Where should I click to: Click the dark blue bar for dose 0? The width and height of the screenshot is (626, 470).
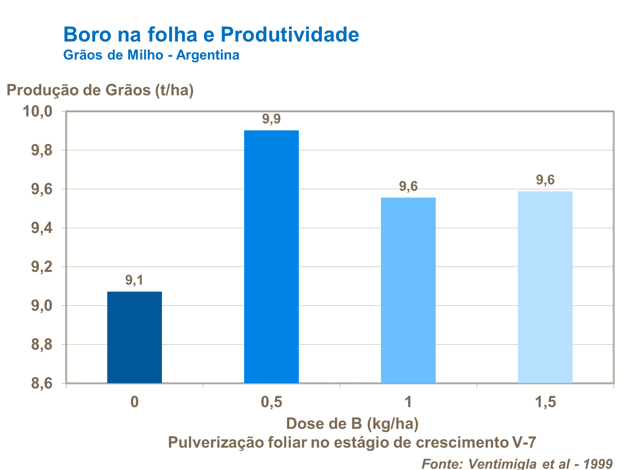tap(134, 337)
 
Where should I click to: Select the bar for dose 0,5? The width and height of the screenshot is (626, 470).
tap(271, 257)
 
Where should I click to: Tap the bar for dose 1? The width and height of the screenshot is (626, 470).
tap(408, 290)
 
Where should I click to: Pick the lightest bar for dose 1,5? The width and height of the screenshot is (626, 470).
tap(545, 287)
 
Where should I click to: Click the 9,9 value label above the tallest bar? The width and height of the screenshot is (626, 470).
tap(271, 119)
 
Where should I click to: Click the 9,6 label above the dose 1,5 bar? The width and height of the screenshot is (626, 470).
tap(545, 180)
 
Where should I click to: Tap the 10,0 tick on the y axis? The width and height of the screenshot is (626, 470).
tap(37, 112)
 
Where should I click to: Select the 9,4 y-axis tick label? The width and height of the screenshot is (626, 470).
tap(41, 228)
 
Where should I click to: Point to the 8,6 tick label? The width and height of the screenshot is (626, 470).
tap(41, 384)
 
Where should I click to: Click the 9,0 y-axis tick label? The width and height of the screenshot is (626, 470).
tap(41, 306)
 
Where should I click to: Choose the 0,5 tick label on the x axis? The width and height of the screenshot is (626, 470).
tap(271, 402)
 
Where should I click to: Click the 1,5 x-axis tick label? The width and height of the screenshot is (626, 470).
tap(545, 402)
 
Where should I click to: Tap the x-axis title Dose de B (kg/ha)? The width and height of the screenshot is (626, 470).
tap(352, 424)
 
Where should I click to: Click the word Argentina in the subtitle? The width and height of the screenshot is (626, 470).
tap(207, 55)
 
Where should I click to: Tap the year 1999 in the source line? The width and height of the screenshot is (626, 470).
tap(597, 463)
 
